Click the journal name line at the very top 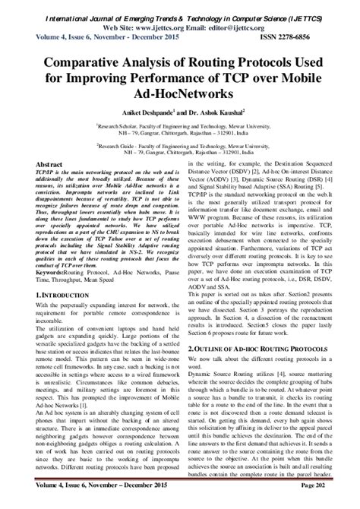pyautogui.click(x=179, y=10)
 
